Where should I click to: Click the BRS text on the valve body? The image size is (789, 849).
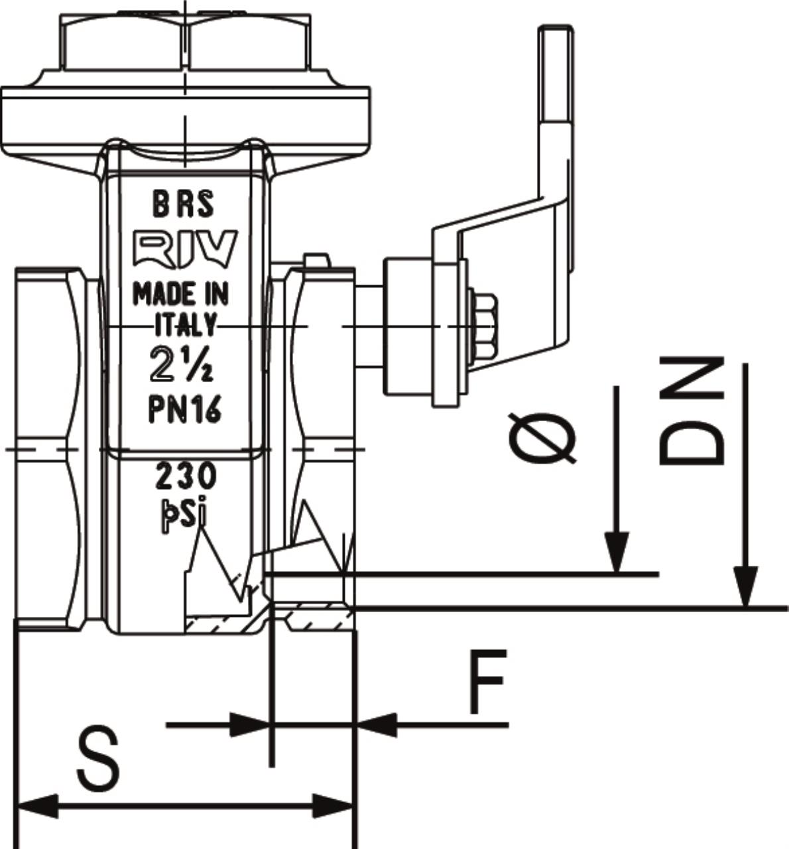pyautogui.click(x=184, y=204)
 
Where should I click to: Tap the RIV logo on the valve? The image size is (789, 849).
pyautogui.click(x=185, y=249)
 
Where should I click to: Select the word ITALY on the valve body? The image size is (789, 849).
pyautogui.click(x=185, y=325)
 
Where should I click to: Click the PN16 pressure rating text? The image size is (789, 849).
pyautogui.click(x=184, y=409)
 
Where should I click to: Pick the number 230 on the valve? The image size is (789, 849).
pyautogui.click(x=186, y=477)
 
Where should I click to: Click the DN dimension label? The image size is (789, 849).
pyautogui.click(x=692, y=411)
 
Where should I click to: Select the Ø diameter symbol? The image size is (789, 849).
pyautogui.click(x=542, y=438)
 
